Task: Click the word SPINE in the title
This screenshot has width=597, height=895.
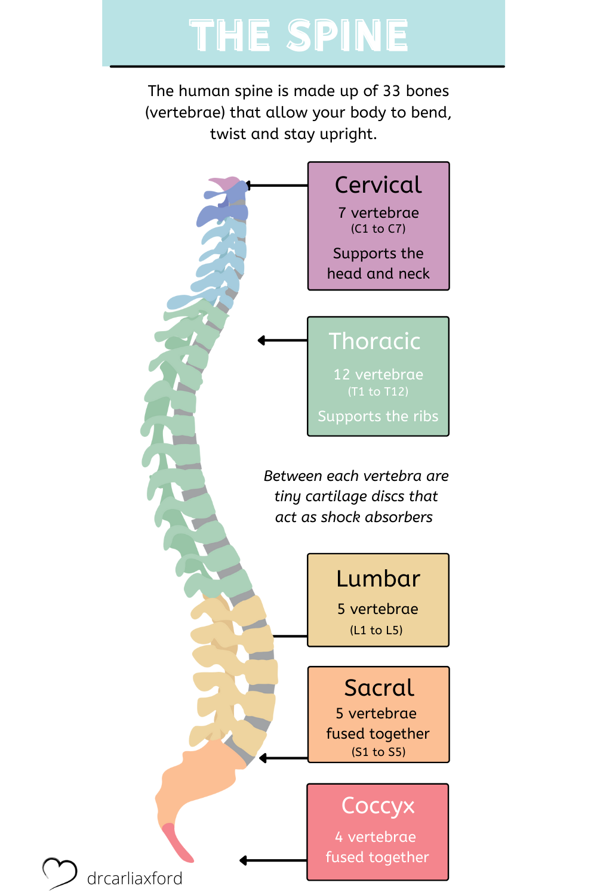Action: click(x=348, y=35)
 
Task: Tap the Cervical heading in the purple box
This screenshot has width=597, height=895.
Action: click(x=378, y=185)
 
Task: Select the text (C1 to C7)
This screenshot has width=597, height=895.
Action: click(x=378, y=229)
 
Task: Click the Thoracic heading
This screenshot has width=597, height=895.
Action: click(x=375, y=341)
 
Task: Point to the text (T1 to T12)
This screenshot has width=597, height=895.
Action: click(x=378, y=391)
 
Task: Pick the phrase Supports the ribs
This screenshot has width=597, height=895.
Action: click(x=378, y=416)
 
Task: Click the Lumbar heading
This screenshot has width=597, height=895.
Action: click(x=378, y=579)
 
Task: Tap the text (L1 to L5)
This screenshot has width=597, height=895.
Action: click(x=376, y=630)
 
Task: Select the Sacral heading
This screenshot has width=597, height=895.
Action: click(x=379, y=688)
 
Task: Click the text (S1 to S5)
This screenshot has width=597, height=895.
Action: click(x=378, y=752)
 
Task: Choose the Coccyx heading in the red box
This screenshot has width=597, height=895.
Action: click(x=378, y=806)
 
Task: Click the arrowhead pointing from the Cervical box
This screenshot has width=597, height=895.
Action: click(x=248, y=186)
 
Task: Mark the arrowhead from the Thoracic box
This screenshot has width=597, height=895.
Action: click(x=261, y=341)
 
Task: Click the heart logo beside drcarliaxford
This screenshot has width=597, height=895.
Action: click(x=59, y=873)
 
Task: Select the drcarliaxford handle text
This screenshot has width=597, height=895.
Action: click(x=134, y=878)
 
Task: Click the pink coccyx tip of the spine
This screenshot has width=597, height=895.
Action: click(x=177, y=843)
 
